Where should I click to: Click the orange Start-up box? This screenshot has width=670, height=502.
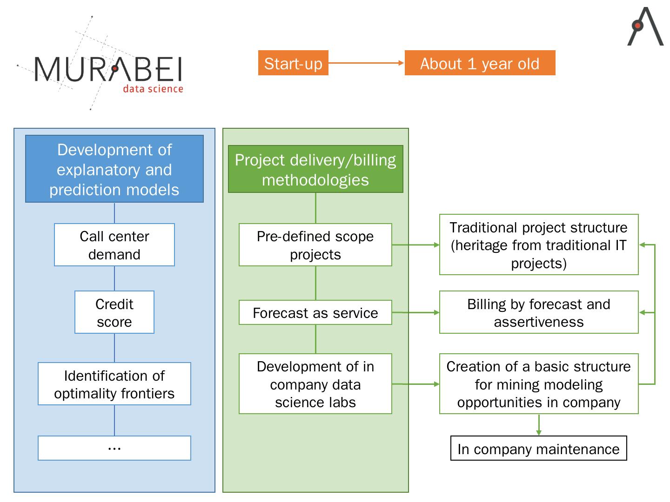point(293,63)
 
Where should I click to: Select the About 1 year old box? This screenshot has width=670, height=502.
point(480,63)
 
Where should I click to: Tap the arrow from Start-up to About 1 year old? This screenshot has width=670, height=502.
point(366,63)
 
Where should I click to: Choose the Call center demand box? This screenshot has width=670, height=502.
point(114,245)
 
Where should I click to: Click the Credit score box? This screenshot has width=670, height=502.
point(114,312)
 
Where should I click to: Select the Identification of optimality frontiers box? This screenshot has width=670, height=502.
point(114,384)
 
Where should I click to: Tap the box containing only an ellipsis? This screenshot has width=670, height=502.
point(114,448)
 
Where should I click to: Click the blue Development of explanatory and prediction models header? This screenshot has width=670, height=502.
point(114,169)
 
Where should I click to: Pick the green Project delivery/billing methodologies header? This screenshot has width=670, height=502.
point(315,169)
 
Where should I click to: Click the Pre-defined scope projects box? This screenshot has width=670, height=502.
point(315,245)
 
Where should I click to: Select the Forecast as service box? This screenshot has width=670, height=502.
point(315,312)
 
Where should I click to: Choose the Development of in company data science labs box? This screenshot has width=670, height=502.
point(315,384)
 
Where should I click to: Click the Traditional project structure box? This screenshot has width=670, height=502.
point(539,245)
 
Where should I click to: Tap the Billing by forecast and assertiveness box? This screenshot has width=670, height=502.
point(539,312)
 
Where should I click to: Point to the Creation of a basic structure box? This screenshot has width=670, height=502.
point(539,384)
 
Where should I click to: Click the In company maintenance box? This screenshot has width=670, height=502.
point(539,449)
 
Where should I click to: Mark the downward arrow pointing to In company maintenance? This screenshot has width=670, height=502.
point(539,425)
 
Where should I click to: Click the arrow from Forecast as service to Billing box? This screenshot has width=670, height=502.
point(415,312)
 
